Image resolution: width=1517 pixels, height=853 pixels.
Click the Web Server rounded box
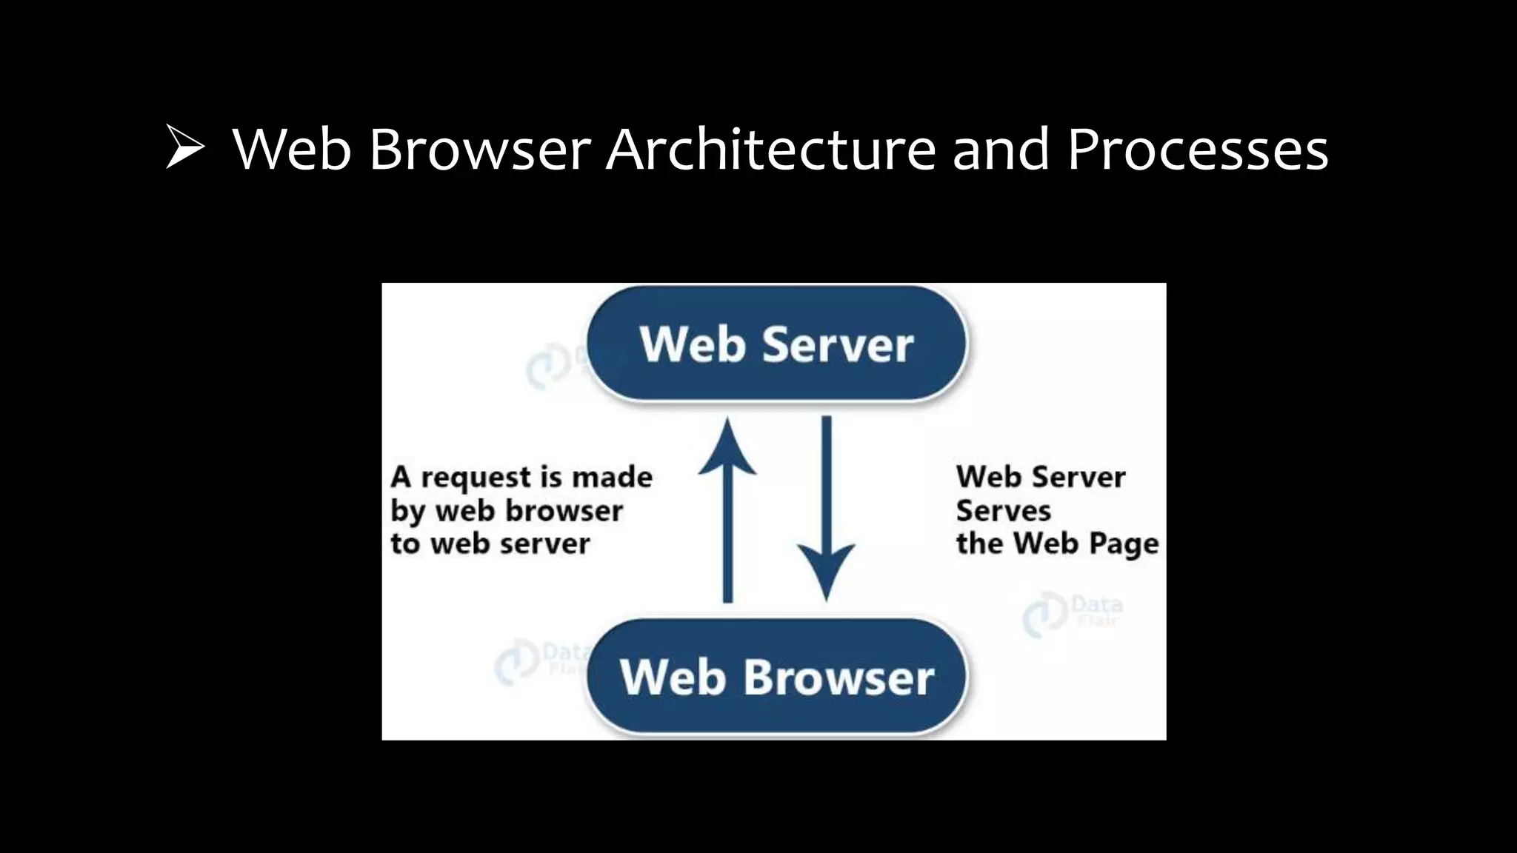777,344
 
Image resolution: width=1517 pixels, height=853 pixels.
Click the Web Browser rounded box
777,677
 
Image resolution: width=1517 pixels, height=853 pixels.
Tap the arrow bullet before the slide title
184,147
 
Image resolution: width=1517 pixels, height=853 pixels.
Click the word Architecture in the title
770,149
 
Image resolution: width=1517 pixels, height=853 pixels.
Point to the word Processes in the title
1197,150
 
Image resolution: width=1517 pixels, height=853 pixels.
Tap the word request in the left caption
476,478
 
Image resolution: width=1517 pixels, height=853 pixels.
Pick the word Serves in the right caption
1003,511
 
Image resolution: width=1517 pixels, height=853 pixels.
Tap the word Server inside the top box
837,345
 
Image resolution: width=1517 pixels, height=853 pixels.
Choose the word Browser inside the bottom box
838,678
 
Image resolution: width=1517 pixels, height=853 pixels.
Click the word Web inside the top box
692,344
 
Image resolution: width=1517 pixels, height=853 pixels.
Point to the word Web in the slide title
291,149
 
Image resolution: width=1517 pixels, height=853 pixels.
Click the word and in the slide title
1001,149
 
